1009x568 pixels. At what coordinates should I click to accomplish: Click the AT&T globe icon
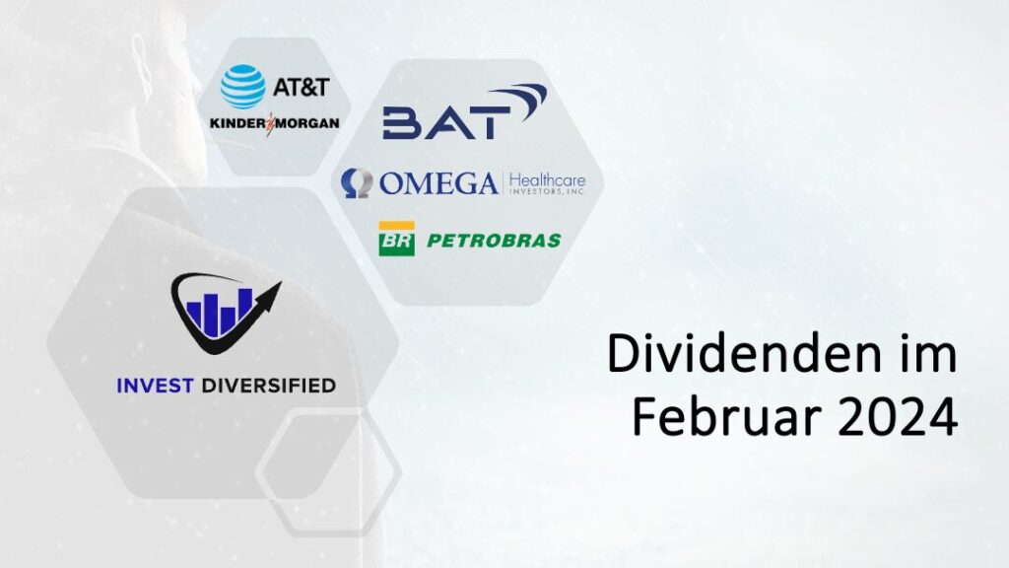pyautogui.click(x=242, y=87)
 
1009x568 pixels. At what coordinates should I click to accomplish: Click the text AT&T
pyautogui.click(x=300, y=87)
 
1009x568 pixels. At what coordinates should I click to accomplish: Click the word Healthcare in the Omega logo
pyautogui.click(x=546, y=178)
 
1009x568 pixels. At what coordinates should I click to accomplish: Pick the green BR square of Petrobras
pyautogui.click(x=396, y=240)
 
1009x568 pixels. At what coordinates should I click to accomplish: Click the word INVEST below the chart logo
pyautogui.click(x=153, y=386)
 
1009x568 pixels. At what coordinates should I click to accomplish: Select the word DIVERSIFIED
pyautogui.click(x=266, y=386)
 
